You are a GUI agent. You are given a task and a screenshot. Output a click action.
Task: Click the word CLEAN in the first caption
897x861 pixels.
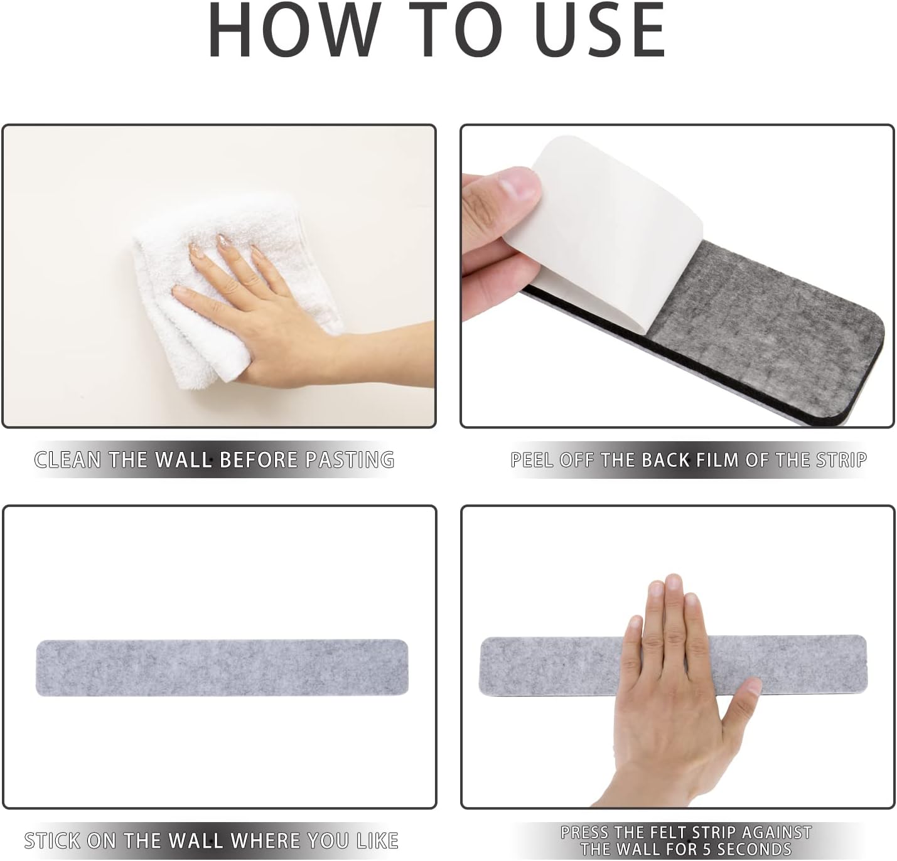point(67,460)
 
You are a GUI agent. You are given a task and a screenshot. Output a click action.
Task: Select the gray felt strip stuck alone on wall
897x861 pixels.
point(222,668)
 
